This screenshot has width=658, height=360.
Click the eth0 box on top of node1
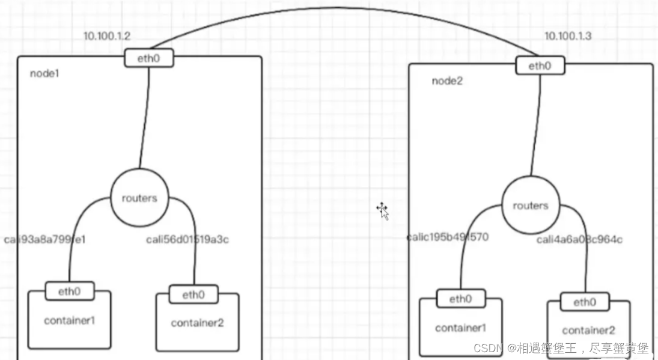tap(149, 58)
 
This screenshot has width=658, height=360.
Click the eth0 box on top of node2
tap(540, 66)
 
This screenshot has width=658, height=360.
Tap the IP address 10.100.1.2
tap(106, 36)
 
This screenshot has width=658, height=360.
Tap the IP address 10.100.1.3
tap(568, 36)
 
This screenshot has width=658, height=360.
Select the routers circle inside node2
tap(530, 206)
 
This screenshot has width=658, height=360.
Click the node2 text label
tap(447, 81)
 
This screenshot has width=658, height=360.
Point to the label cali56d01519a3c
tap(187, 239)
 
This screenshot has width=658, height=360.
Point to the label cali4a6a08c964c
tap(579, 240)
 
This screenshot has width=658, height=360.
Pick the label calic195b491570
tap(447, 237)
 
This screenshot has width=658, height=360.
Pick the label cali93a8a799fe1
tap(45, 239)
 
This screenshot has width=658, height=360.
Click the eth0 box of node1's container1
tap(70, 291)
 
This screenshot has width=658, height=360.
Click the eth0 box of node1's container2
tap(193, 294)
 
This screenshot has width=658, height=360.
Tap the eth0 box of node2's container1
tap(461, 299)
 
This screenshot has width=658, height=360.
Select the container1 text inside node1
tap(69, 320)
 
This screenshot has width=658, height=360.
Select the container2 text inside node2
tap(588, 330)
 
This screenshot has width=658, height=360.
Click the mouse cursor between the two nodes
tap(382, 210)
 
